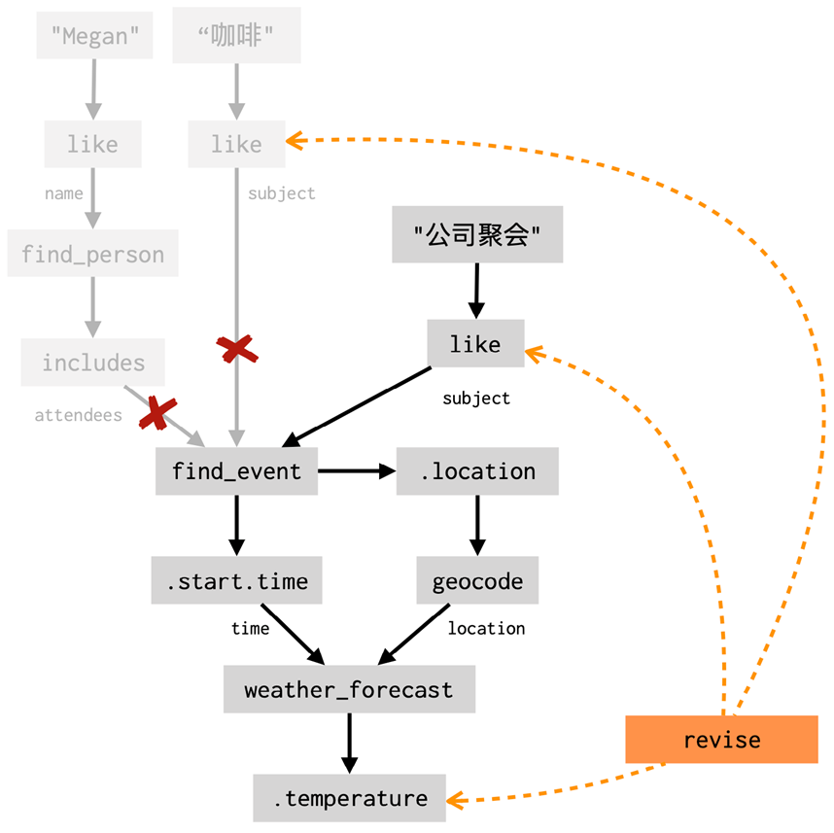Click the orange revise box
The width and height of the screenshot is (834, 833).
[721, 740]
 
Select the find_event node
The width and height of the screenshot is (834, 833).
[236, 471]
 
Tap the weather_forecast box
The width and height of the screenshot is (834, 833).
[349, 690]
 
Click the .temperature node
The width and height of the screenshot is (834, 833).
[350, 799]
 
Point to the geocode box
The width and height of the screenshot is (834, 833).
[477, 581]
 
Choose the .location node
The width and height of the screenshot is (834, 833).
[477, 471]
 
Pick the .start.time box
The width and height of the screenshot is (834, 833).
[236, 581]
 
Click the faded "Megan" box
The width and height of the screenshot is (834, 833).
[94, 37]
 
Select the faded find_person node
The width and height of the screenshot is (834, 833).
[93, 255]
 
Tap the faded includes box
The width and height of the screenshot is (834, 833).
[93, 363]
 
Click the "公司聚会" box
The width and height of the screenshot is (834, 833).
[477, 234]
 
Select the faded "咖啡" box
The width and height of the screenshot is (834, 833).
[236, 37]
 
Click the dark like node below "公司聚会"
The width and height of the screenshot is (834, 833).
[475, 344]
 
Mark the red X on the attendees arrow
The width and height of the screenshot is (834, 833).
[156, 413]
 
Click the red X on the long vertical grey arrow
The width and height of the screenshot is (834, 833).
[236, 350]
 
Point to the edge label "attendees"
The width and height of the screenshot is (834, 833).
[79, 415]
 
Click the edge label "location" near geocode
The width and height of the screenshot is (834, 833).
[486, 629]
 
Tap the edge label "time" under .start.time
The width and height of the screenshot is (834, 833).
[250, 629]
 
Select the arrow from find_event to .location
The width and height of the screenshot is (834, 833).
[356, 471]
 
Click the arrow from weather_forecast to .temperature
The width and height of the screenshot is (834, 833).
[349, 744]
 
